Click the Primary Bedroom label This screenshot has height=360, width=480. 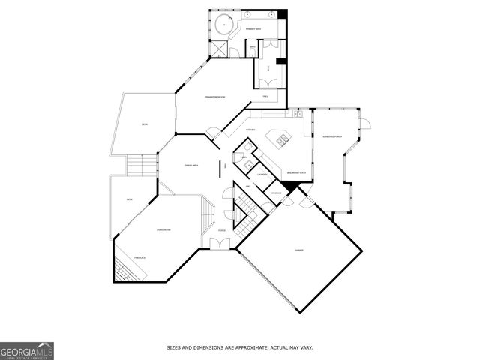tap(215, 97)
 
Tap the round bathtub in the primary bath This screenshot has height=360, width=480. tap(222, 25)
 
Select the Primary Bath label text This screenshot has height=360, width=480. tap(253, 29)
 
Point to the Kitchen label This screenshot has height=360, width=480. tap(250, 130)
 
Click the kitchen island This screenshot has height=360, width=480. tap(284, 139)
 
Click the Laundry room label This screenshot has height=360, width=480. tap(262, 175)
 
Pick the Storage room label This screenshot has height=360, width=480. tap(276, 193)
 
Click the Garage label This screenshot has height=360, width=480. tap(298, 249)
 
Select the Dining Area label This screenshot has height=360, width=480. tap(191, 165)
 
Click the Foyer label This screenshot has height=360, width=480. tap(221, 229)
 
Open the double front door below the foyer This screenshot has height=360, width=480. tap(220, 243)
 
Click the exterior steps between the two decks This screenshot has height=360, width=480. tap(137, 164)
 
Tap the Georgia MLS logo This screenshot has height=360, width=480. tap(27, 350)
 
